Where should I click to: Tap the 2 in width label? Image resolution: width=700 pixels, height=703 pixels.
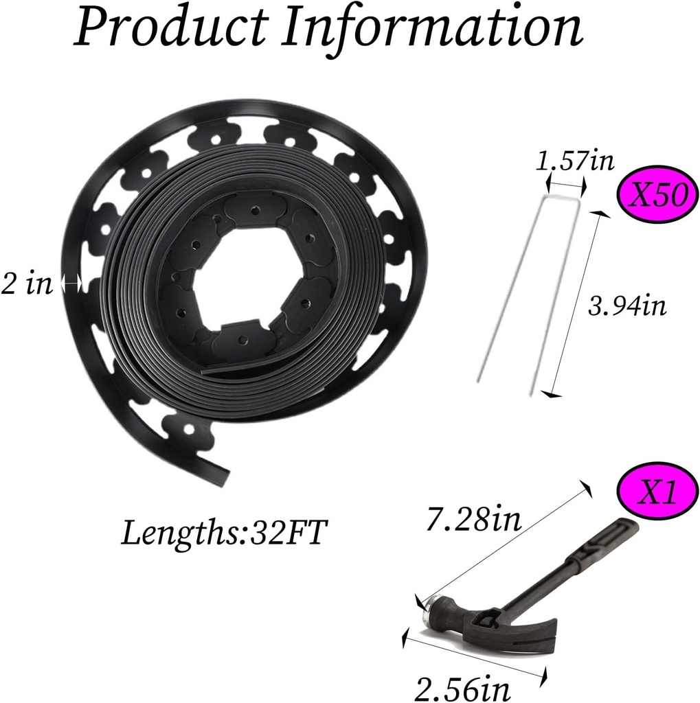coord(27,284)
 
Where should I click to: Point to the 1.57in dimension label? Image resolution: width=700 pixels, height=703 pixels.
coord(574,161)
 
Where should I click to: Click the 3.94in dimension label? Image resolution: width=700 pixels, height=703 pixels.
coord(627,306)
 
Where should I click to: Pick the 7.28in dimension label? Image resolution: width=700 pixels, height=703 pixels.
coord(474,519)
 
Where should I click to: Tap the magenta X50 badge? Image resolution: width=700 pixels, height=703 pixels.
coord(658,196)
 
